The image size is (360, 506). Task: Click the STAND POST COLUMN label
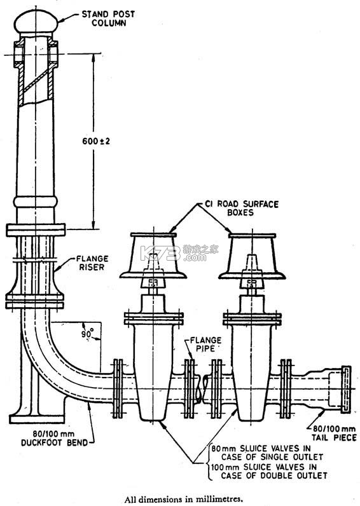point(108,18)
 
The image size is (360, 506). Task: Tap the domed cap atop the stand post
point(36,22)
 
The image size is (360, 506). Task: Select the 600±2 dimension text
point(96,141)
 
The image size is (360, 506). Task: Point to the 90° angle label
point(87,333)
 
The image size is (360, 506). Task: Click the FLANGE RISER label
point(92,263)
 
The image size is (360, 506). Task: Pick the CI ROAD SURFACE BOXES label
point(242,208)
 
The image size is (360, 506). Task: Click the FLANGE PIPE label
point(205,345)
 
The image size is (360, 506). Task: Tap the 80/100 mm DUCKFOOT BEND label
point(55,438)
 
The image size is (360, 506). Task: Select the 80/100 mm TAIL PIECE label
point(334,433)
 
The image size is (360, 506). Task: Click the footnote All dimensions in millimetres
point(183,499)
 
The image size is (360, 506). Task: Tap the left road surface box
point(153,256)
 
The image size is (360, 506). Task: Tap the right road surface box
point(252,256)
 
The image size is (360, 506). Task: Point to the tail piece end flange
point(346,389)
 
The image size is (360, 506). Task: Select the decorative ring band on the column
point(36,202)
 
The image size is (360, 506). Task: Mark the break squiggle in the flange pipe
point(202,388)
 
